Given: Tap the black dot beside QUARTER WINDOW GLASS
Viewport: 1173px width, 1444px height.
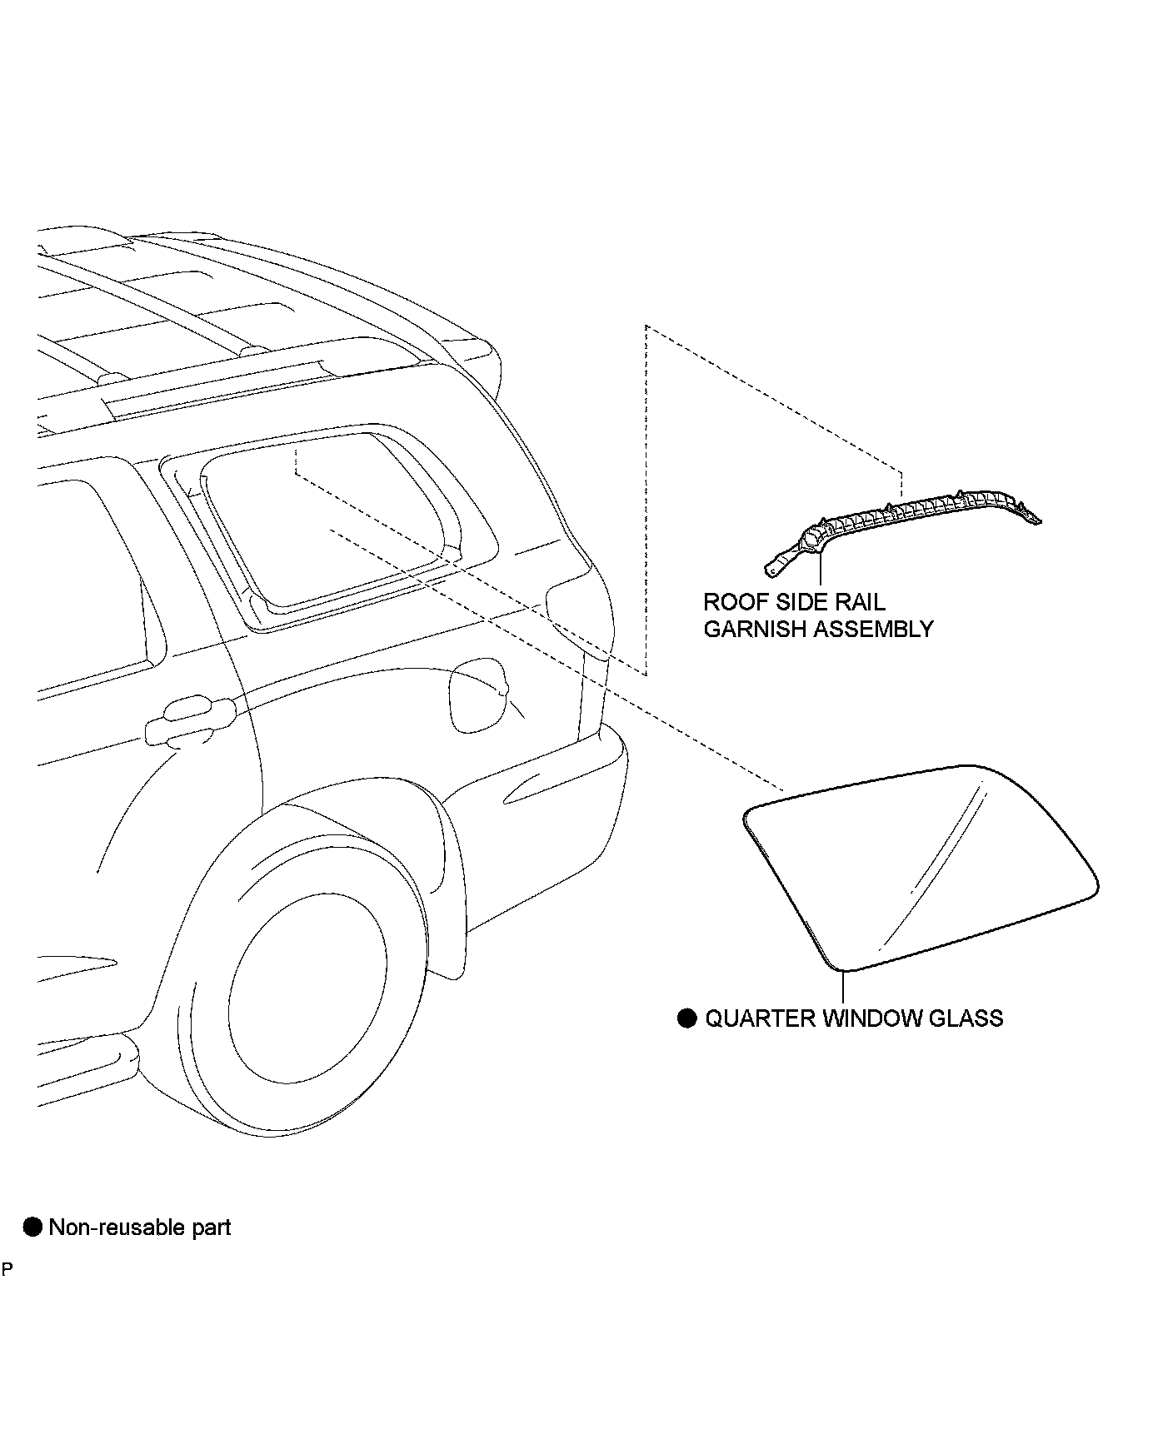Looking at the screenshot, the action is (x=686, y=1018).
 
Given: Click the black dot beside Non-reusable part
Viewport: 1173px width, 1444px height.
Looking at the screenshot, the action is (x=32, y=1227).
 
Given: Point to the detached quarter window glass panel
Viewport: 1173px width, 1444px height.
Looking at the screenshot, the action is (x=916, y=866).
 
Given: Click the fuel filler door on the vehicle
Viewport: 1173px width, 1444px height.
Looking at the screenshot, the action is (x=478, y=695).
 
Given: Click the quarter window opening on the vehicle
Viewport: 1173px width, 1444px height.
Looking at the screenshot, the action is (x=333, y=516).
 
